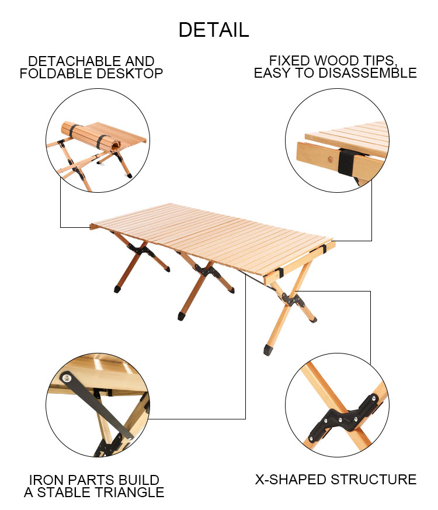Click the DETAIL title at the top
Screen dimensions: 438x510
[x=214, y=30]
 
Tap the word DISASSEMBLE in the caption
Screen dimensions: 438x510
[x=367, y=73]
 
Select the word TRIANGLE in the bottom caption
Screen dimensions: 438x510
[x=126, y=492]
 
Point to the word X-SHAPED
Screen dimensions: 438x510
[x=291, y=480]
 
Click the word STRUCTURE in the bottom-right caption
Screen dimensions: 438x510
[x=374, y=480]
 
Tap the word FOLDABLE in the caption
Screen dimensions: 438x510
[x=56, y=74]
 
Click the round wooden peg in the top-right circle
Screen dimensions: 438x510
[x=331, y=159]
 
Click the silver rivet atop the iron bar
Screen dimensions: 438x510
[x=67, y=378]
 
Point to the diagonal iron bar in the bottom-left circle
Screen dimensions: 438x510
[x=96, y=405]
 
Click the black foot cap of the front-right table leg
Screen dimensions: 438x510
[x=268, y=350]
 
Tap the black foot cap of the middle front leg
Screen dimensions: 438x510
[x=182, y=316]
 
